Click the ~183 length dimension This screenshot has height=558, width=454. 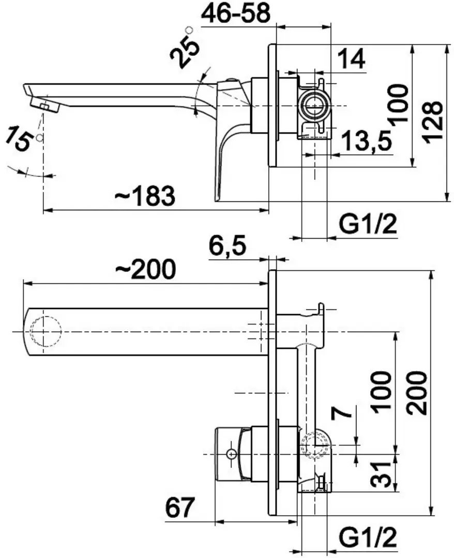145,196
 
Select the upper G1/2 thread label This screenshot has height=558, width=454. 368,224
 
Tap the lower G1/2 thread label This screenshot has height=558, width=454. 368,539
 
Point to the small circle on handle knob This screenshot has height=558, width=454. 231,454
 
